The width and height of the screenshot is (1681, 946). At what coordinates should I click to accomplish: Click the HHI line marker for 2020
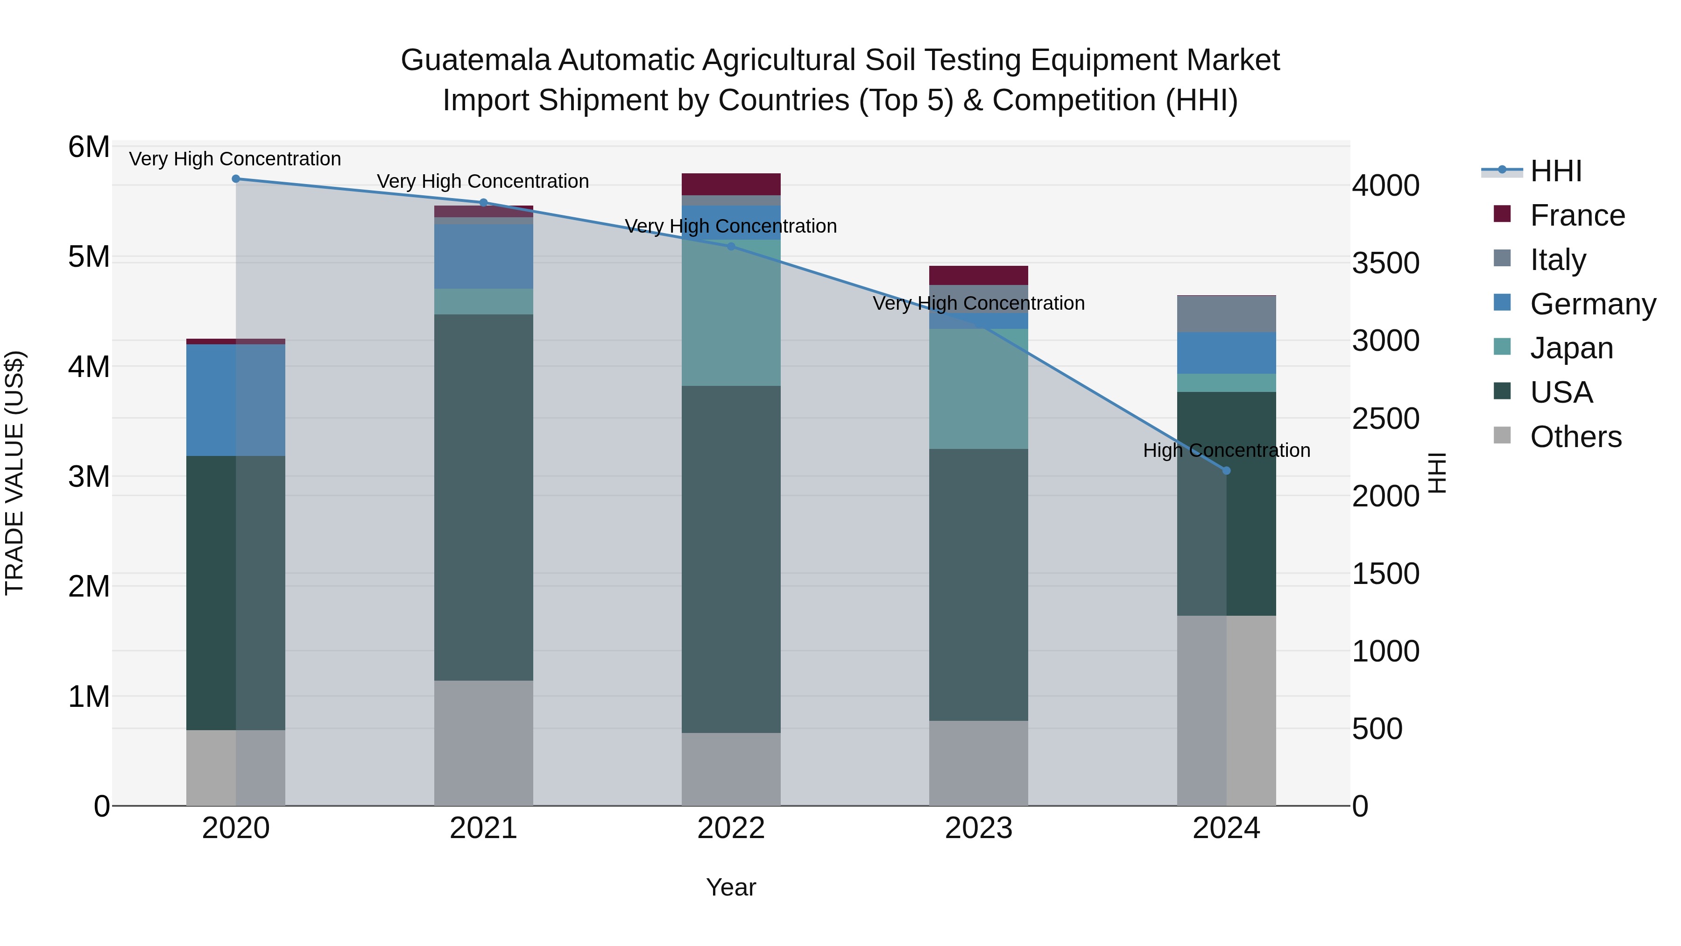[236, 179]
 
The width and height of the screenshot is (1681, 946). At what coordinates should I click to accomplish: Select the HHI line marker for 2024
[1226, 471]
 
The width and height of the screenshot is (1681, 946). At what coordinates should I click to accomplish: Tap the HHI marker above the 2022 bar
[731, 247]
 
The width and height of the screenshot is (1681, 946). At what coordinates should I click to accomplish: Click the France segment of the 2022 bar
[731, 184]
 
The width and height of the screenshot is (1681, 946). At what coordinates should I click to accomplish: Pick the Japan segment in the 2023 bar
[978, 389]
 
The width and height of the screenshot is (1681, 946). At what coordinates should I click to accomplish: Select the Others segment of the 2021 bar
[484, 743]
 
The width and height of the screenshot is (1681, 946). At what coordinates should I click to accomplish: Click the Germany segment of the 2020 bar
[236, 399]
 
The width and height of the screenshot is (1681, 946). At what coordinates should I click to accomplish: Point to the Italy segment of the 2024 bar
[1226, 314]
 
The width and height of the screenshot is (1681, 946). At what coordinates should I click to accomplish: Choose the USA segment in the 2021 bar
[484, 498]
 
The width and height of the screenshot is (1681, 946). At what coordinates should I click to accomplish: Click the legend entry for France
[1577, 215]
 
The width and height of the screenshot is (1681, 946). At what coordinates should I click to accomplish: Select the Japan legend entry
[1571, 348]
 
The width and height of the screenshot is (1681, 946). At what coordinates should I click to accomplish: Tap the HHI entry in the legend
[1556, 171]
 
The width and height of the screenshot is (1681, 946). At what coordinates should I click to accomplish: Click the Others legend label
[1575, 437]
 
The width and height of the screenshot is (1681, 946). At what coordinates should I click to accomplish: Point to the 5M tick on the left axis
[89, 256]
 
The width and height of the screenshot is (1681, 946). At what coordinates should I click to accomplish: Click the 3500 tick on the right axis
[1385, 263]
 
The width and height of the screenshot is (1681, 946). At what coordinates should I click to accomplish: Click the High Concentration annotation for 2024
[1226, 450]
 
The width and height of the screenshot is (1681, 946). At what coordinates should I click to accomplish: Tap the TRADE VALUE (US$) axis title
[14, 473]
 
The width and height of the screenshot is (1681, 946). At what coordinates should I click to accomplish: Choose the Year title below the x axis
[731, 887]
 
